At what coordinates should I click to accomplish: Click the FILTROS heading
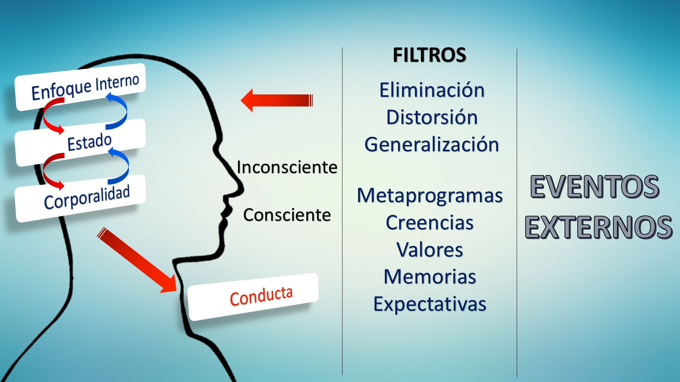429,55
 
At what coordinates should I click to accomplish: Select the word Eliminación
432,90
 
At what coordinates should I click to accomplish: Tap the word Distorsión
432,117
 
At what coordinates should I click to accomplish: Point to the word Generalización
432,144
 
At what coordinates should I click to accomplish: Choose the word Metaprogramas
430,196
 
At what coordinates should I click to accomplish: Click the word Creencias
430,222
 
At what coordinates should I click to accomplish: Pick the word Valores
430,250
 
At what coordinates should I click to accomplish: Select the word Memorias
430,277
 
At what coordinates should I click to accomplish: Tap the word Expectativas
430,304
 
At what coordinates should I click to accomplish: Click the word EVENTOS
595,186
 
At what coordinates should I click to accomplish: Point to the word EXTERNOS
599,227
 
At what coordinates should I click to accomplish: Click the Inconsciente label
287,167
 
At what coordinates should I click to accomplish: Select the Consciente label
287,215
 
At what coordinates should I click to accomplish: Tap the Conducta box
253,297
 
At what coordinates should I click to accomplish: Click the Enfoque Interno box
80,87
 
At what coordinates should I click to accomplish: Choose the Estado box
80,143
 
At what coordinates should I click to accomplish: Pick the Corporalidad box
80,198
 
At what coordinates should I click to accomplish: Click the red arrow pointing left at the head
277,100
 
